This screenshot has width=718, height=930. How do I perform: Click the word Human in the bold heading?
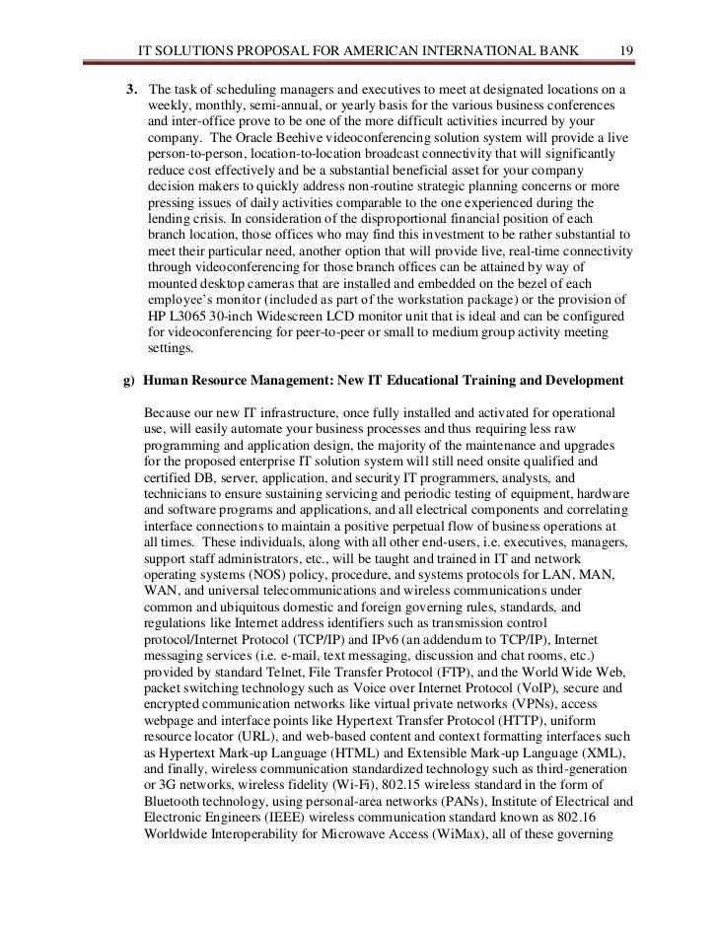[165, 380]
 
